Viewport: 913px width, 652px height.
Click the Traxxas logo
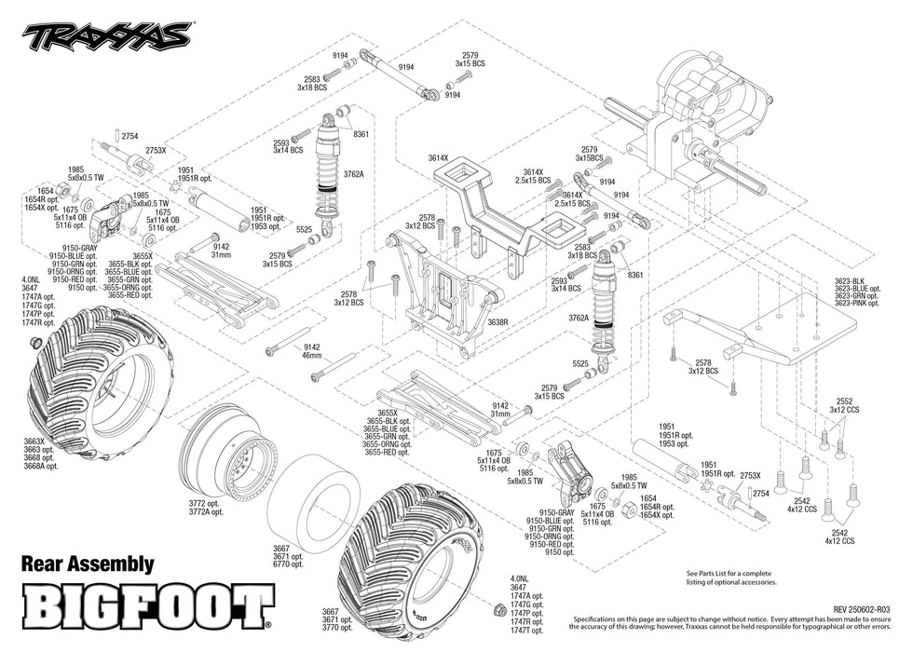point(106,36)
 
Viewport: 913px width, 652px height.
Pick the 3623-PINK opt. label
point(857,304)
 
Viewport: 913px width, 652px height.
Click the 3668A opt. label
point(42,466)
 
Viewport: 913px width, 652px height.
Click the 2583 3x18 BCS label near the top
point(312,83)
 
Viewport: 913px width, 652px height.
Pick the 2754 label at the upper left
point(129,136)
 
